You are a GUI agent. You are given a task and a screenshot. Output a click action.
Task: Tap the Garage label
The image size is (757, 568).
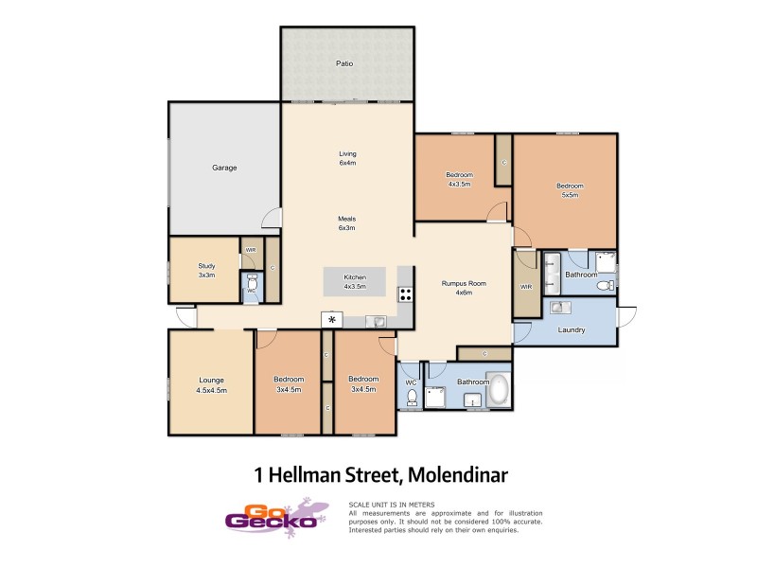click(224, 168)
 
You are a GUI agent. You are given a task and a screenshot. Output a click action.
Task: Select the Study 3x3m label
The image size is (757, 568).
click(206, 270)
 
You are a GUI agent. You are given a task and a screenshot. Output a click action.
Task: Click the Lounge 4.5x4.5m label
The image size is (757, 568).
click(211, 384)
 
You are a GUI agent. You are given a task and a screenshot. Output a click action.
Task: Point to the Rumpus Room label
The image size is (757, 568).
click(463, 288)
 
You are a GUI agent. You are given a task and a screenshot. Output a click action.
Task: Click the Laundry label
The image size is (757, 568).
click(572, 330)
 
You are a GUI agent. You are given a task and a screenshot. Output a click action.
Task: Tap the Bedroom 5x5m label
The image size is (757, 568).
click(570, 190)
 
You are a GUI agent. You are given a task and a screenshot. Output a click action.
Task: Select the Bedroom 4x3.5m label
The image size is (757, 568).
click(459, 179)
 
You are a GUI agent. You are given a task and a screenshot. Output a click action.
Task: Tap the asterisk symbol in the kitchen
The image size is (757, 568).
click(332, 320)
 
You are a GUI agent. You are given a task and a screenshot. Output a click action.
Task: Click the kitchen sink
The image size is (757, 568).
click(379, 321)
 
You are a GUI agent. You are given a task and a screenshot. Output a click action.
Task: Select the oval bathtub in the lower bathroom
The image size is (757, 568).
click(498, 390)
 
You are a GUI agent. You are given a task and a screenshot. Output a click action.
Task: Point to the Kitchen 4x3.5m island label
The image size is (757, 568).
click(355, 282)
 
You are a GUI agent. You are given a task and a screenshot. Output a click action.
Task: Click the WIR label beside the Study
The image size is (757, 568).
click(251, 250)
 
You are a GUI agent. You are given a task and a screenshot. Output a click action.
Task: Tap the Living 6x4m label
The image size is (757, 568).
click(347, 158)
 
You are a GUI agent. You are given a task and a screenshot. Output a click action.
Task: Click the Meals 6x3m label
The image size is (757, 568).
click(347, 223)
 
